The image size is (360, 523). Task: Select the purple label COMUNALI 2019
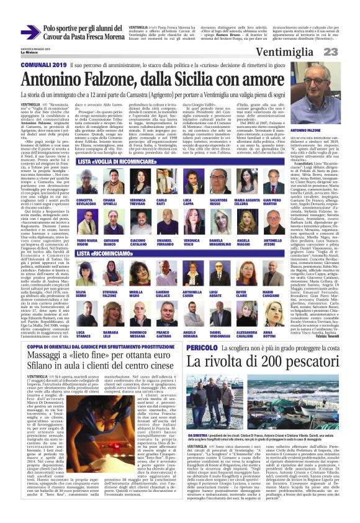(45, 65)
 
